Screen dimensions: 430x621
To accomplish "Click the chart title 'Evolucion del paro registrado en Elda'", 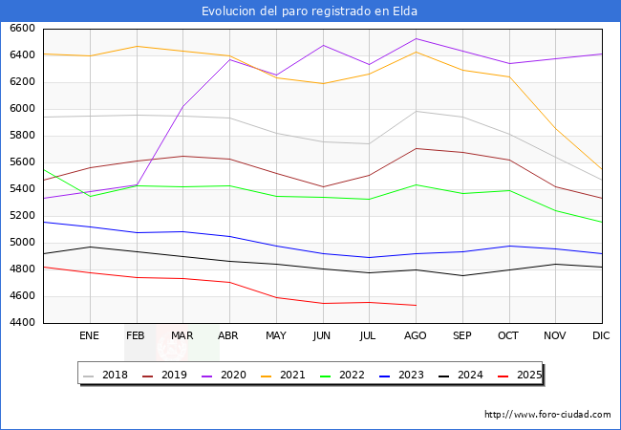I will point(310,11).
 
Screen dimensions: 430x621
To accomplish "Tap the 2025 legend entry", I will point(528,375).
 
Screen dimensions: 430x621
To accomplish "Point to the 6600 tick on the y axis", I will point(23,29).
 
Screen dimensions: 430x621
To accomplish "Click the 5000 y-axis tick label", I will point(23,243).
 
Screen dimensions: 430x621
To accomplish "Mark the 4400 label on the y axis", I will point(23,323).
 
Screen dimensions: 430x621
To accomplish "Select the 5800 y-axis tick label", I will point(23,136).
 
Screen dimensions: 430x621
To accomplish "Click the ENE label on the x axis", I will point(89,335).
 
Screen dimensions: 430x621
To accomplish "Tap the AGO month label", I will point(416,335).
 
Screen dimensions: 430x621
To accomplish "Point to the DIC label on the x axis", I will point(601,335).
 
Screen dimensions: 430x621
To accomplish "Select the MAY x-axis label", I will point(275,335).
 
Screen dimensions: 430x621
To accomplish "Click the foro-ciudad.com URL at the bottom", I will point(547,415).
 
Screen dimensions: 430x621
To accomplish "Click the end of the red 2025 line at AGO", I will point(416,305).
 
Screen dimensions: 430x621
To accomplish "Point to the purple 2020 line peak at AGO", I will point(416,39).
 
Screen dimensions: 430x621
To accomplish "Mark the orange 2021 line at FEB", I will point(137,46).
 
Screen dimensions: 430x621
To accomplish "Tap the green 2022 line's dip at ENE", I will point(90,196).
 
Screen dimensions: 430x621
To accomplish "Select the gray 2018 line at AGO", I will point(416,112).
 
